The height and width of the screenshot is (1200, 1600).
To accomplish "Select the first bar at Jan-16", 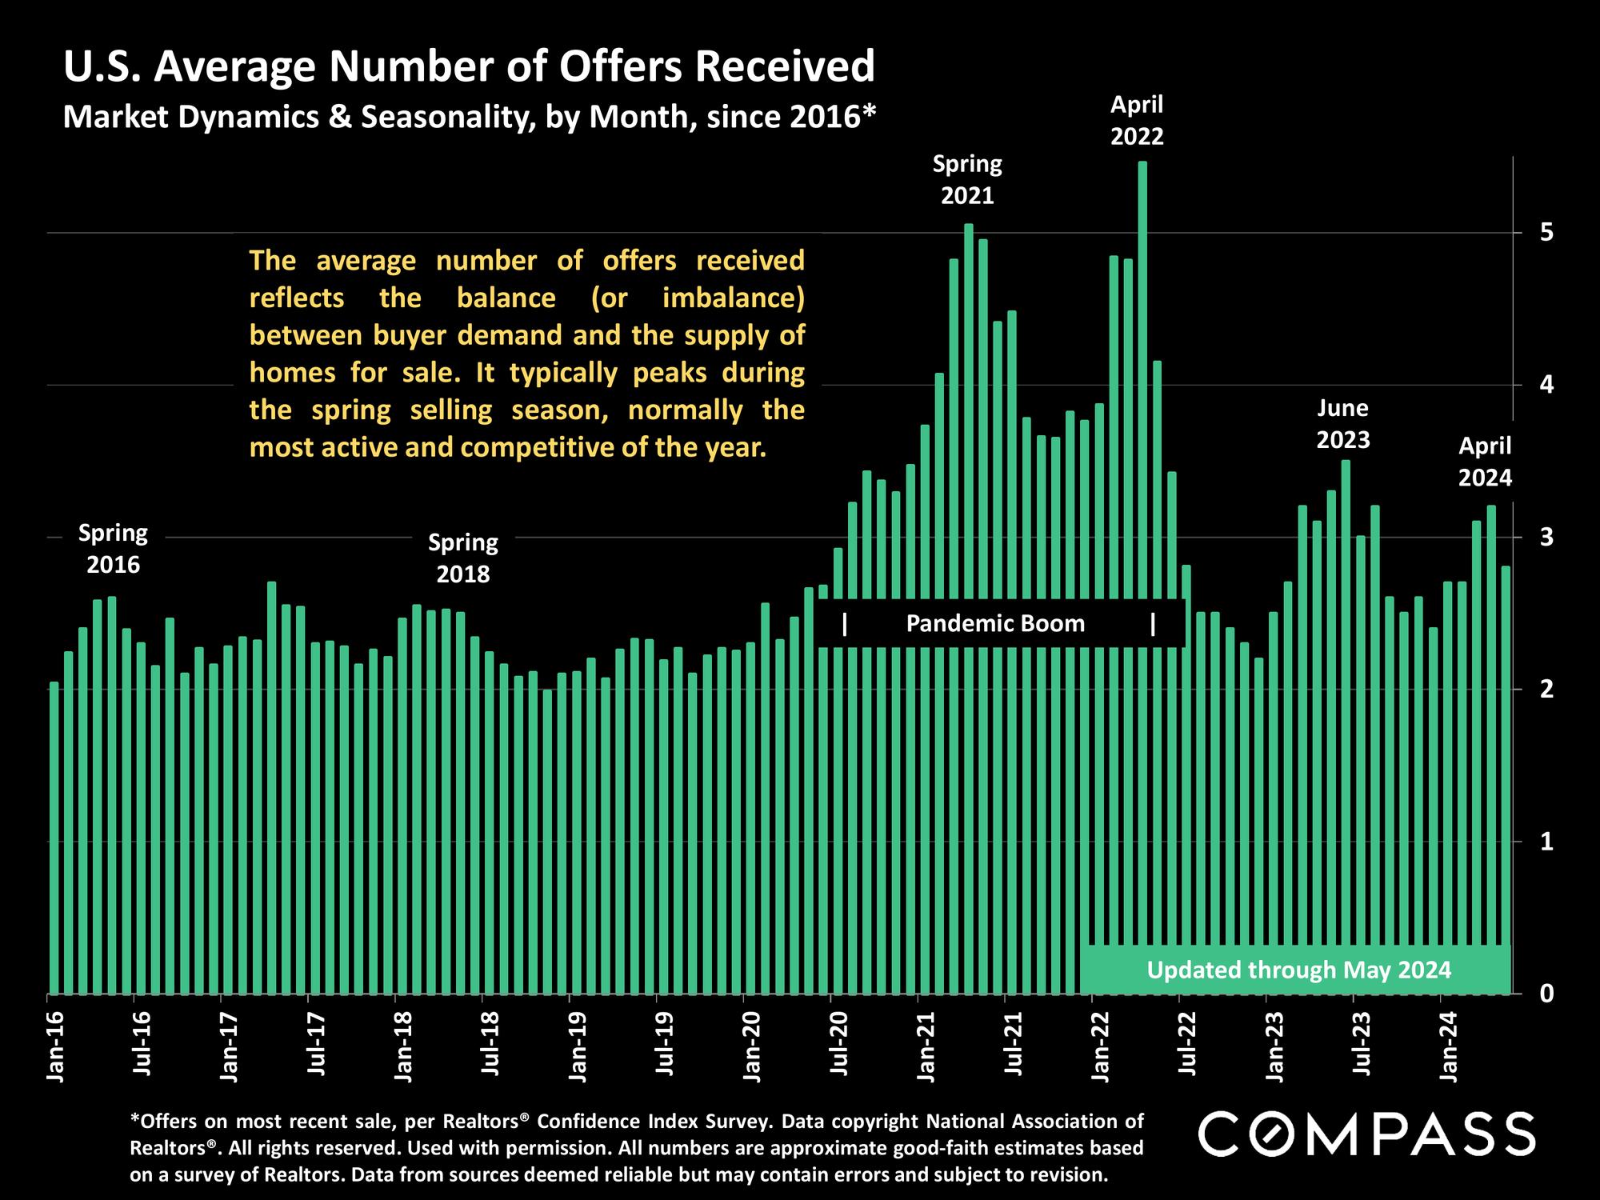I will (54, 840).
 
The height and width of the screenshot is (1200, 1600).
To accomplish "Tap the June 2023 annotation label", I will (1343, 424).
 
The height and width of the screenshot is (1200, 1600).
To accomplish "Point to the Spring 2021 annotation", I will (967, 180).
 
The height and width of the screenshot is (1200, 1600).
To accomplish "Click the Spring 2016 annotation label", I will (113, 549).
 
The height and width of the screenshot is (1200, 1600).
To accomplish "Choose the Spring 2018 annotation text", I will (462, 558).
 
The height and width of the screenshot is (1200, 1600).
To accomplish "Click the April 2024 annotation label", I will (1485, 462).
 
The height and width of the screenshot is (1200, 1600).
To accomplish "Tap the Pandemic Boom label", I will (995, 624).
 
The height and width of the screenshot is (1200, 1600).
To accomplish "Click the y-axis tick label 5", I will (1546, 233).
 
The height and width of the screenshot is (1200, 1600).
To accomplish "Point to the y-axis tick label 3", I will (1546, 537).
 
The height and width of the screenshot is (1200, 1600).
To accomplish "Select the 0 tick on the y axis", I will (1546, 994).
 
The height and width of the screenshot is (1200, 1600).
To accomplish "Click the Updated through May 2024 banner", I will (1298, 970).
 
